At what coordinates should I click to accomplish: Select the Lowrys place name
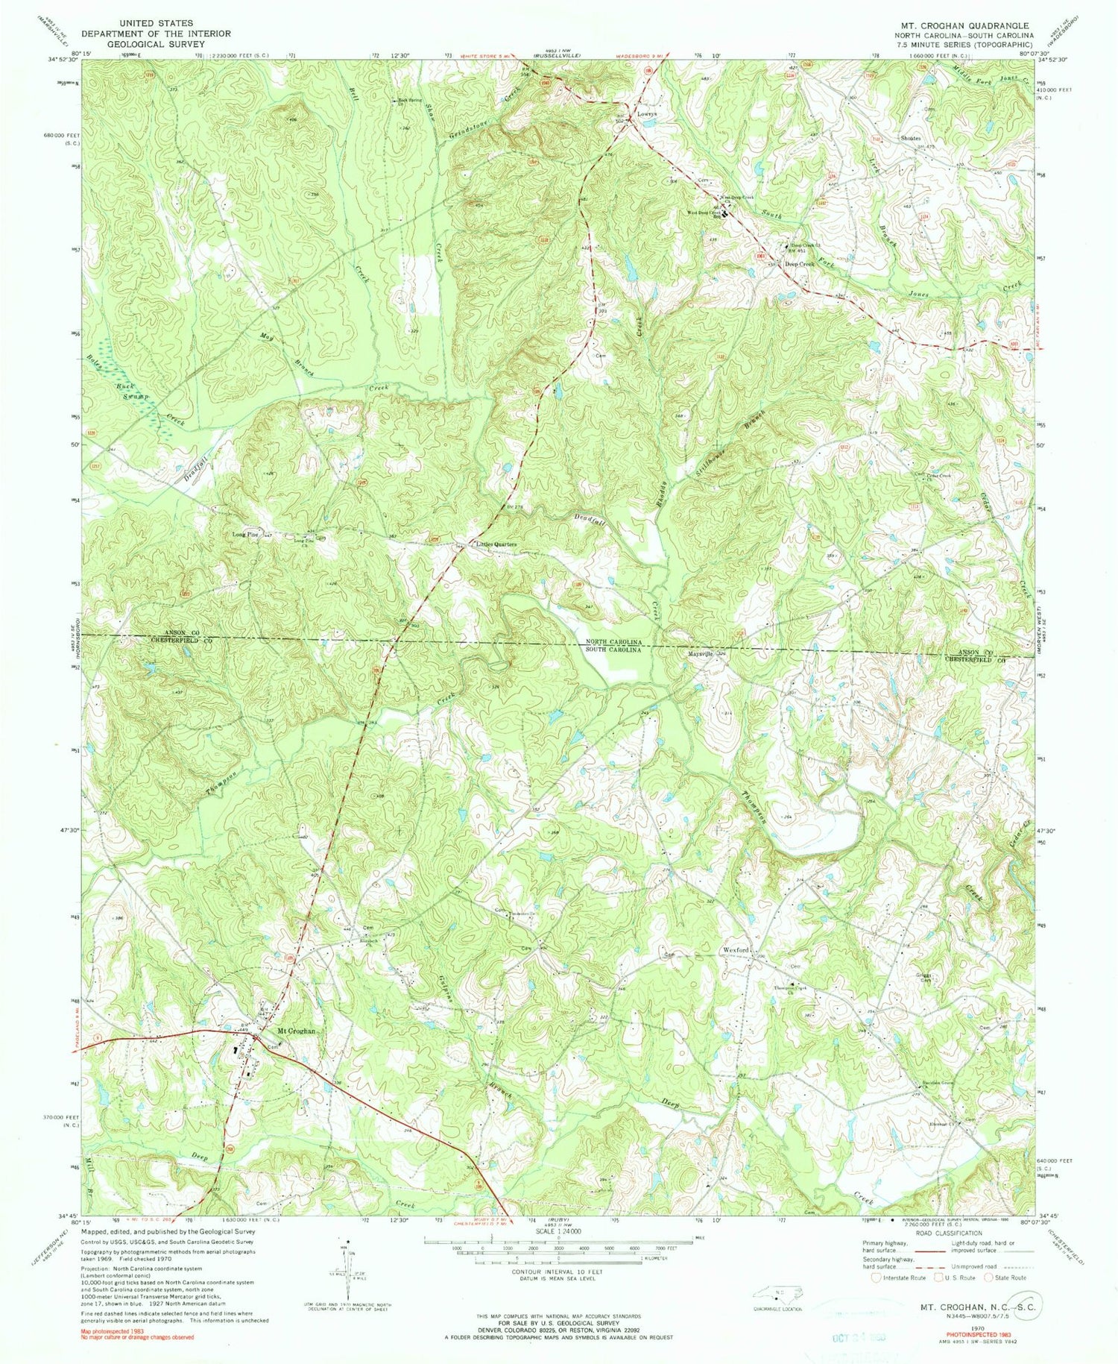coord(646,115)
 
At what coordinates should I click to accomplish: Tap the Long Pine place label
coord(244,534)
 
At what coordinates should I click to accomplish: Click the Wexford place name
coord(734,951)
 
